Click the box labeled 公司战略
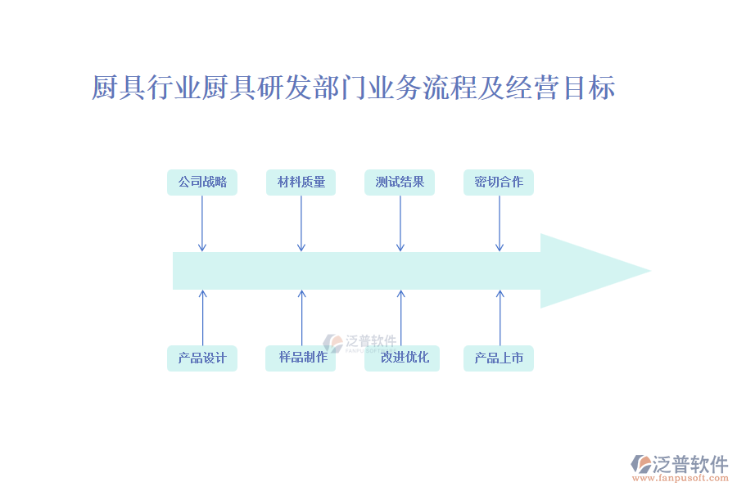click(x=202, y=182)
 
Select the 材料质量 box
click(x=301, y=182)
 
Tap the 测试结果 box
click(x=400, y=182)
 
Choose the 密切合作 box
click(x=499, y=182)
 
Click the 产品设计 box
click(x=202, y=358)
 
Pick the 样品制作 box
click(x=301, y=358)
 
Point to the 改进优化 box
click(x=402, y=358)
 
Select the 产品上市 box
click(x=499, y=358)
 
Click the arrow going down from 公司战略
click(x=202, y=223)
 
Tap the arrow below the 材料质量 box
click(x=301, y=223)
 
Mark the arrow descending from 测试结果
click(x=400, y=223)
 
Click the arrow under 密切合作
click(x=500, y=223)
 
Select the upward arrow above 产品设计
click(x=203, y=318)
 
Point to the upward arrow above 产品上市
click(x=500, y=318)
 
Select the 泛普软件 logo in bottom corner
click(x=680, y=464)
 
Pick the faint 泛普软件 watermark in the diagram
click(x=360, y=342)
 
